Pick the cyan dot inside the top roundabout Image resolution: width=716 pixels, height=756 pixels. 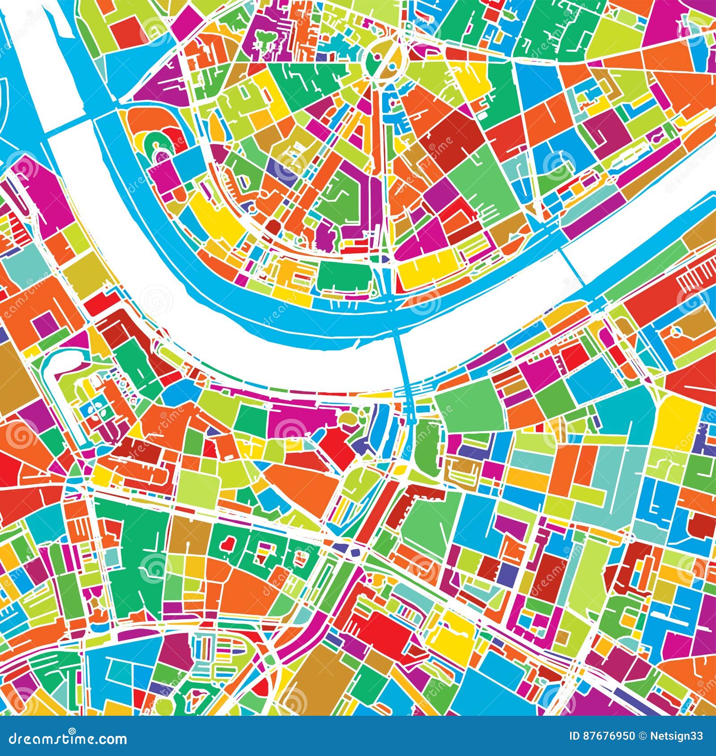click(x=393, y=67)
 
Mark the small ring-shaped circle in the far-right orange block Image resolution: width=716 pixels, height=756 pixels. click(x=677, y=331)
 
